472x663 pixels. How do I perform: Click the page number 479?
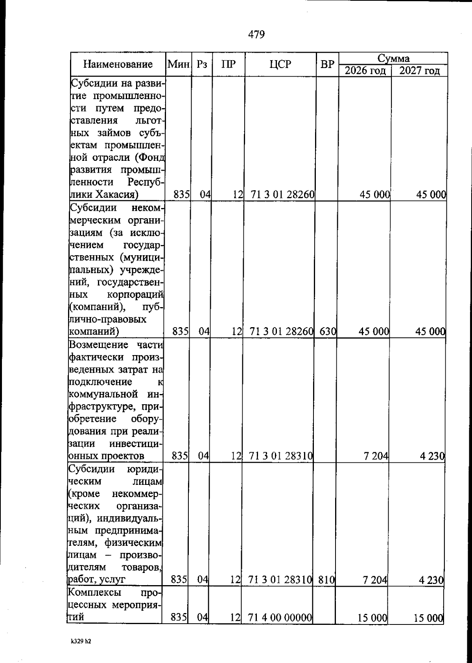[256, 35]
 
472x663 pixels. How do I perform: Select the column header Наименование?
[118, 64]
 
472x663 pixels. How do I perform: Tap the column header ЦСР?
[280, 64]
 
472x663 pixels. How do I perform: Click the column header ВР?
[327, 64]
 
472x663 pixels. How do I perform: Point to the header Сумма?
[393, 59]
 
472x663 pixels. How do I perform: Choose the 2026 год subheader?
[365, 71]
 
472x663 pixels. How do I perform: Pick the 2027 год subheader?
[419, 71]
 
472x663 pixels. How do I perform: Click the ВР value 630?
[327, 331]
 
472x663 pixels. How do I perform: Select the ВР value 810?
[326, 579]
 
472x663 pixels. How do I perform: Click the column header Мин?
[178, 64]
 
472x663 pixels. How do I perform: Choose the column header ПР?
[228, 64]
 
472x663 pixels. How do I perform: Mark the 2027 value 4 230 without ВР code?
[432, 457]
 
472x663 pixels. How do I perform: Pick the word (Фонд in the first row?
[149, 157]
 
